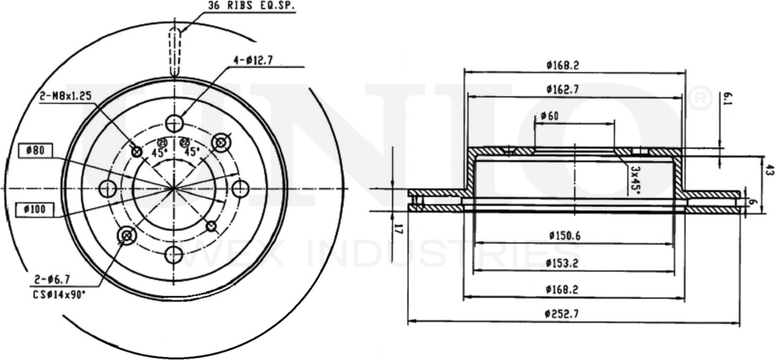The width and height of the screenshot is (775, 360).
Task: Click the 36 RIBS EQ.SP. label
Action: (x=252, y=7)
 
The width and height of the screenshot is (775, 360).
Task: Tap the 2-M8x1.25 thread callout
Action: (x=65, y=96)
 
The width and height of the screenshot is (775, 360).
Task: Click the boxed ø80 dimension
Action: (x=36, y=150)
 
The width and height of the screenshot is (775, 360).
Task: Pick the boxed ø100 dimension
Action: (x=36, y=208)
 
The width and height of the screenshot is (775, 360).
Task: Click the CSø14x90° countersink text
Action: (x=58, y=295)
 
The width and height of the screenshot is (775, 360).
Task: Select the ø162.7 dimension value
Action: (x=562, y=90)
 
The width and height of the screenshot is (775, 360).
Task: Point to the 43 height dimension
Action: (x=769, y=170)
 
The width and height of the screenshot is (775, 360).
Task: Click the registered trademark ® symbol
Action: (x=699, y=101)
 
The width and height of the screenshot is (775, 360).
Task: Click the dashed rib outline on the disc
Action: (x=175, y=51)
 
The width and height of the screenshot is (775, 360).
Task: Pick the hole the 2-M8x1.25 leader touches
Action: (x=136, y=151)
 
